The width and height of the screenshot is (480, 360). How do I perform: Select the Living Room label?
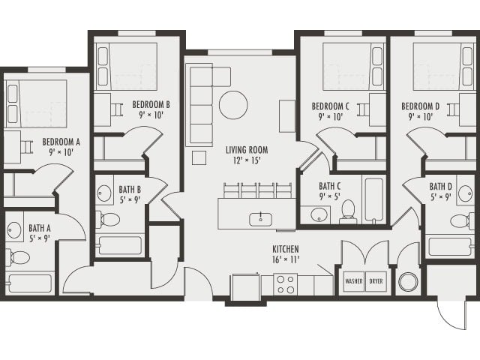[x=247, y=150]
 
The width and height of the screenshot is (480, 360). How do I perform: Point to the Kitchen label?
[x=285, y=250]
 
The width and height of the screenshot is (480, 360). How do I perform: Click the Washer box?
[x=353, y=282]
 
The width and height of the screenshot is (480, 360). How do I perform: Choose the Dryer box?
[x=376, y=282]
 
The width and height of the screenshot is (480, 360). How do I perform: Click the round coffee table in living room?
[x=233, y=105]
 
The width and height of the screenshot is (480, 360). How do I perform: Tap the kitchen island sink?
[x=260, y=218]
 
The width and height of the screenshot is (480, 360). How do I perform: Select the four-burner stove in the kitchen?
[x=285, y=284]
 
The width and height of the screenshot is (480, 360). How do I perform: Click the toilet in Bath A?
[x=19, y=257]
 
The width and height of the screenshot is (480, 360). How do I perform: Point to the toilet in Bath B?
[x=110, y=219]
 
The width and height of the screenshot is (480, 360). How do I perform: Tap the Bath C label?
[x=330, y=186]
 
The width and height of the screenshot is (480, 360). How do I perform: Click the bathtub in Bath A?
[x=30, y=283]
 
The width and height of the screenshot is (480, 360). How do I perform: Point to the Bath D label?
[x=441, y=186]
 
